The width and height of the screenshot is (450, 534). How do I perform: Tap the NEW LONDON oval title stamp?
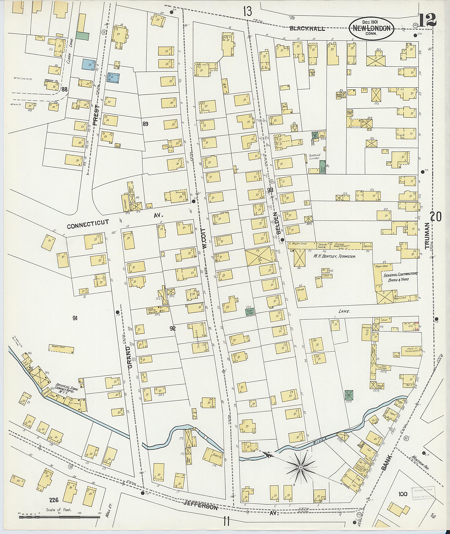(371, 28)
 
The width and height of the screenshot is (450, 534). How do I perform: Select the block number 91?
(75, 318)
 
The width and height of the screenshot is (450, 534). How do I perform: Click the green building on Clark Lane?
(82, 36)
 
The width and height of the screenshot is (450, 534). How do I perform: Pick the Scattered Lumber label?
(314, 157)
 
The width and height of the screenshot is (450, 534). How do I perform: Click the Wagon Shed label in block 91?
(59, 347)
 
